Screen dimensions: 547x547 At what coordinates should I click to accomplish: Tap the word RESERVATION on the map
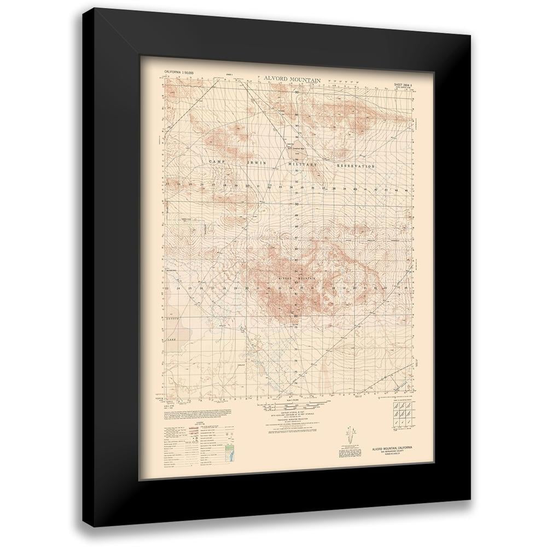click(x=356, y=165)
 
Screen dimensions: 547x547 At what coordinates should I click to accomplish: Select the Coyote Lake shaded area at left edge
click(x=174, y=328)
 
